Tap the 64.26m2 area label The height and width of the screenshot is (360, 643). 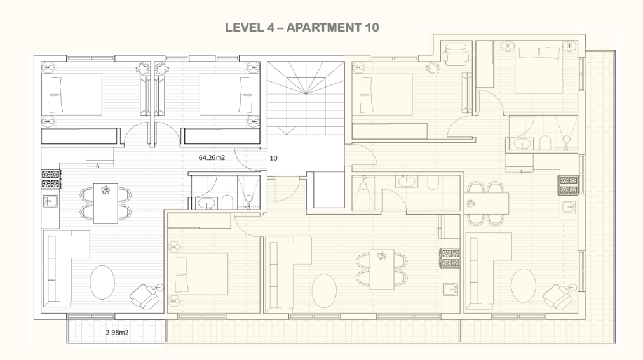(x=212, y=157)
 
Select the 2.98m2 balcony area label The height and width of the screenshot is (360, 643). (x=117, y=332)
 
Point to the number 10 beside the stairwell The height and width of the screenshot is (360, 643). (x=273, y=158)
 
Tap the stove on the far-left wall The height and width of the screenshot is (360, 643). (x=51, y=179)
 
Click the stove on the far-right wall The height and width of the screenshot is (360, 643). (x=569, y=185)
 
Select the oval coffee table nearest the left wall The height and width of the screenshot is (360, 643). (x=102, y=283)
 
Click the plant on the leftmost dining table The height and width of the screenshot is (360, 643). (x=106, y=190)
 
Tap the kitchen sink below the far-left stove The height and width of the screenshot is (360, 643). (x=50, y=201)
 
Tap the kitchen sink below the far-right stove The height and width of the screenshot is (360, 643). (x=569, y=207)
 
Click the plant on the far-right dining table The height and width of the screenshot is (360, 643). (x=470, y=203)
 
